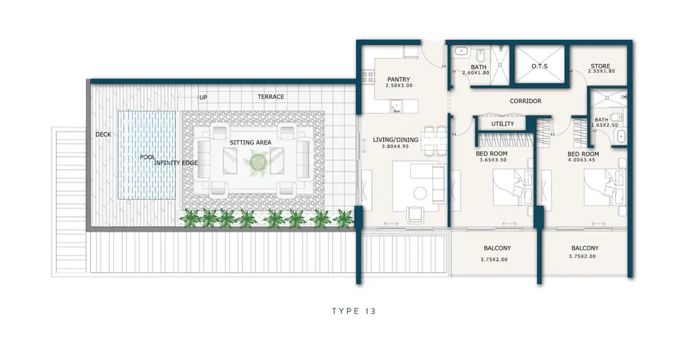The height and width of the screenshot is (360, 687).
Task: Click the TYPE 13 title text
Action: pyautogui.click(x=354, y=311)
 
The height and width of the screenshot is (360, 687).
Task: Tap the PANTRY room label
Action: pyautogui.click(x=399, y=79)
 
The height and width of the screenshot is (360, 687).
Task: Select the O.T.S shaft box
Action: pyautogui.click(x=540, y=64)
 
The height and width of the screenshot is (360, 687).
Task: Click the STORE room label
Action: pyautogui.click(x=600, y=65)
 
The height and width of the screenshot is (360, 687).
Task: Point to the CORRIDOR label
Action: pyautogui.click(x=526, y=101)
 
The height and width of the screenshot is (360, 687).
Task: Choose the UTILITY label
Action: pyautogui.click(x=502, y=124)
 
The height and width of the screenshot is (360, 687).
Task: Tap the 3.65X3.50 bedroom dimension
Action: pyautogui.click(x=493, y=160)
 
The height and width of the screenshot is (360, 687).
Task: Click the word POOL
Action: pyautogui.click(x=148, y=157)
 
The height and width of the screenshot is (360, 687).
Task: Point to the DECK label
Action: pyautogui.click(x=103, y=134)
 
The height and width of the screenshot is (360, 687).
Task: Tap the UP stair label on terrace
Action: pyautogui.click(x=203, y=97)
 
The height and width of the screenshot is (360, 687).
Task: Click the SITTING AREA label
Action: pyautogui.click(x=251, y=142)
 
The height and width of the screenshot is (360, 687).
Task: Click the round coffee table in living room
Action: pyautogui.click(x=420, y=193)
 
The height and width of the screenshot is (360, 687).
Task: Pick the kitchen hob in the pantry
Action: pyautogui.click(x=368, y=77)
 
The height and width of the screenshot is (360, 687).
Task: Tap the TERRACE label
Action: pyautogui.click(x=271, y=97)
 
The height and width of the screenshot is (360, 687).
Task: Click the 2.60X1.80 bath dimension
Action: pyautogui.click(x=476, y=73)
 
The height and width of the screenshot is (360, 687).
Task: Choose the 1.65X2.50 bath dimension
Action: pyautogui.click(x=605, y=125)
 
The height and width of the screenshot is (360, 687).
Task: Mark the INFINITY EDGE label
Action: pyautogui.click(x=176, y=163)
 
